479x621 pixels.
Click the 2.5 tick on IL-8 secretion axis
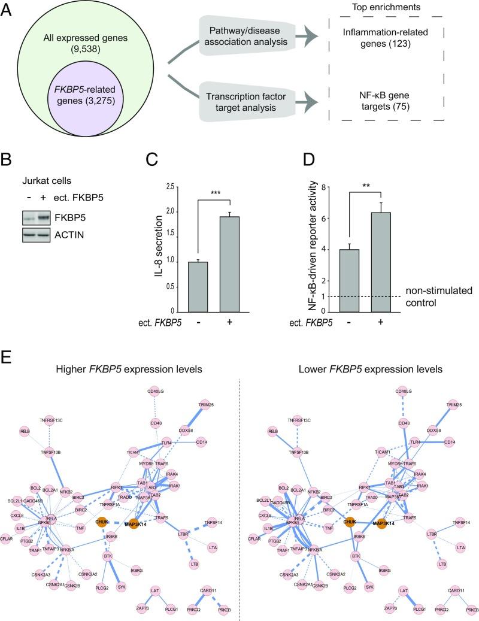171,187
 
